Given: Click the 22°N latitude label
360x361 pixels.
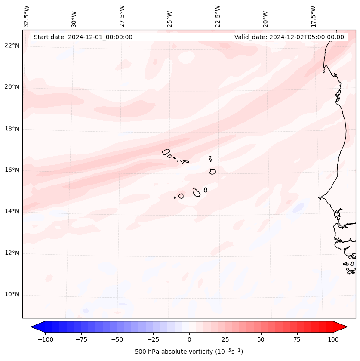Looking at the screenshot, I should [12, 46].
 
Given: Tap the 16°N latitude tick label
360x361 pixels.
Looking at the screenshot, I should [12, 170].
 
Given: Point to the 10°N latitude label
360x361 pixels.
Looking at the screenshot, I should [12, 295].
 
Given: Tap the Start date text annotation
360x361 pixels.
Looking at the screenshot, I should [83, 37].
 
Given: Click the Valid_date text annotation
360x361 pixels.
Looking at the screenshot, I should [289, 37].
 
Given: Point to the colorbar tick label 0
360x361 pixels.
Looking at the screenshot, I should [189, 339].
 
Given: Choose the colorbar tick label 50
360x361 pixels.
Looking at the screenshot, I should [261, 339].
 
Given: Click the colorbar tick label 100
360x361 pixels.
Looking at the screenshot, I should [333, 339].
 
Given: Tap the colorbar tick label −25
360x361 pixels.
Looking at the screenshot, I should [153, 339].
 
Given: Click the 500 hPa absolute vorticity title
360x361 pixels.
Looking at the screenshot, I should [189, 352].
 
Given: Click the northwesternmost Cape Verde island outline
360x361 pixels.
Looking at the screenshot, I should [166, 152].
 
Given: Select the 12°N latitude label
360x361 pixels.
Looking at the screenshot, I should [12, 253].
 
